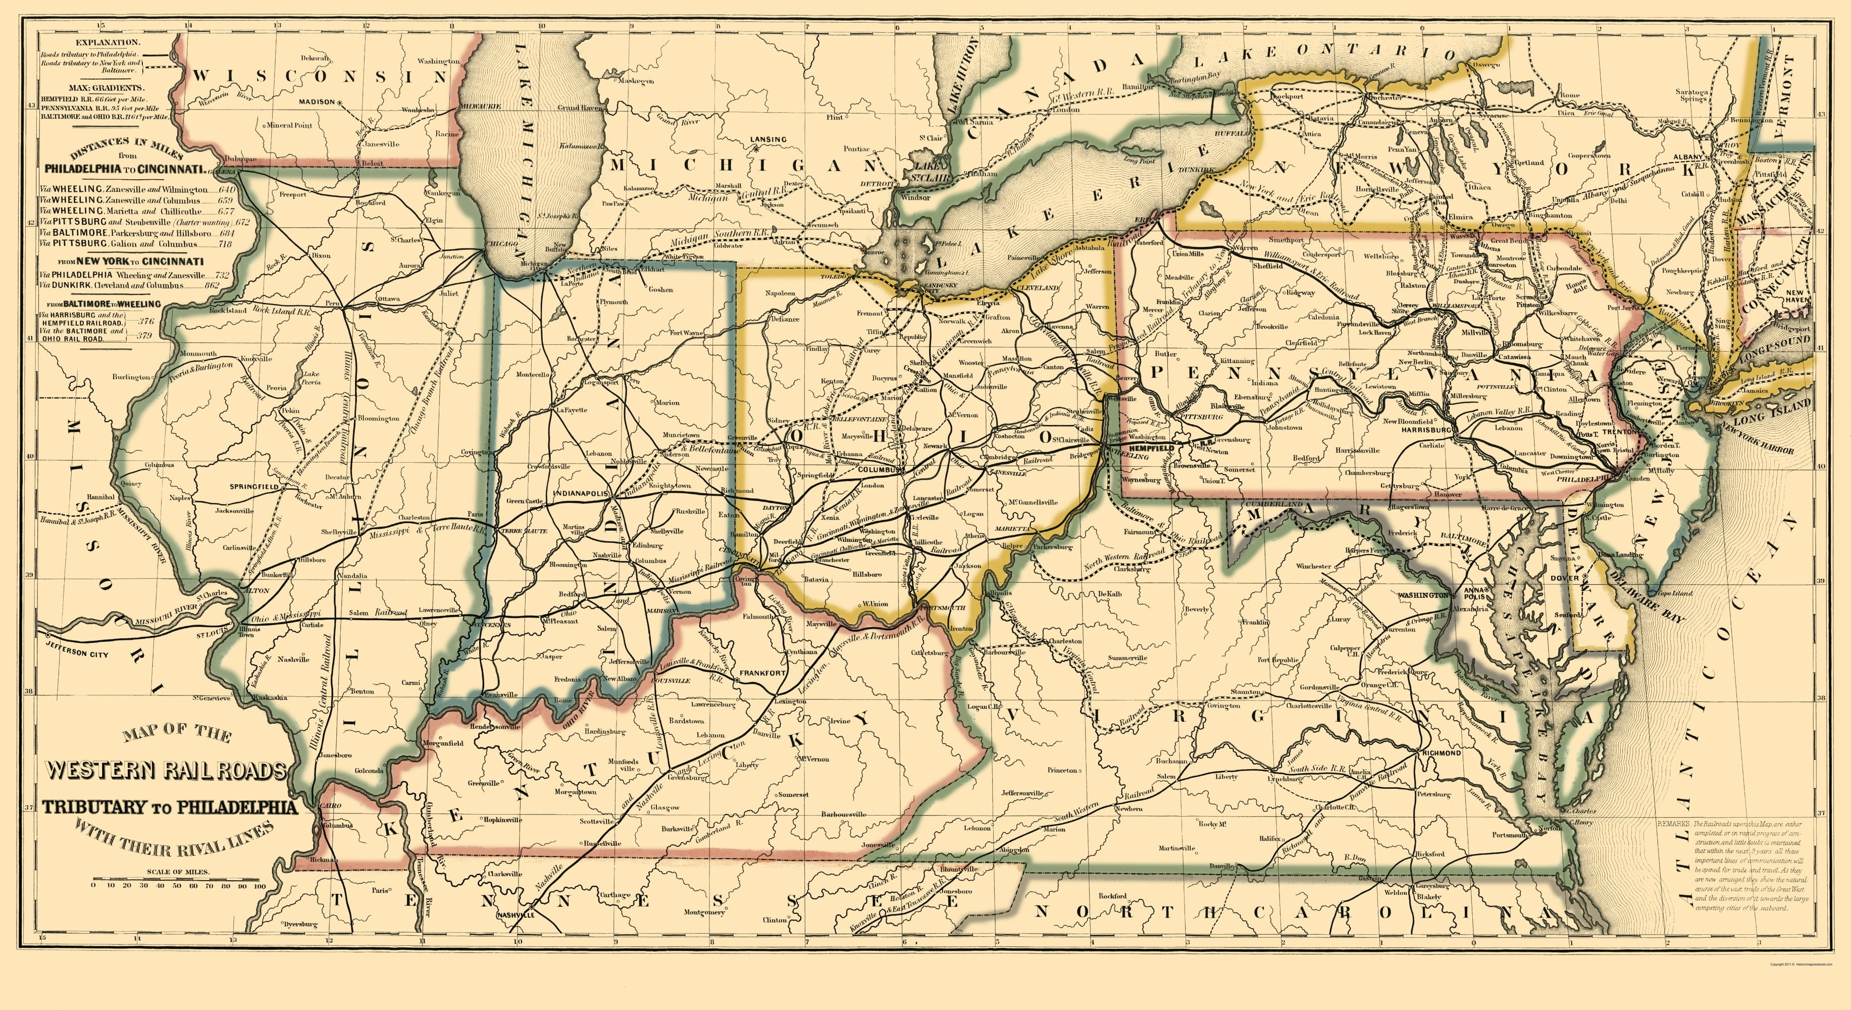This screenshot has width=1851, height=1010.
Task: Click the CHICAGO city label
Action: point(502,244)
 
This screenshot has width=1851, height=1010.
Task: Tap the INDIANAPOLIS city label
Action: point(581,494)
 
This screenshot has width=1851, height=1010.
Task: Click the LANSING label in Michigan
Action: point(767,139)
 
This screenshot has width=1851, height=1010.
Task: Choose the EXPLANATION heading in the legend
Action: point(91,43)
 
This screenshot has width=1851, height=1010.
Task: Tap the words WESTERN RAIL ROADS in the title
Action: point(167,771)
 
